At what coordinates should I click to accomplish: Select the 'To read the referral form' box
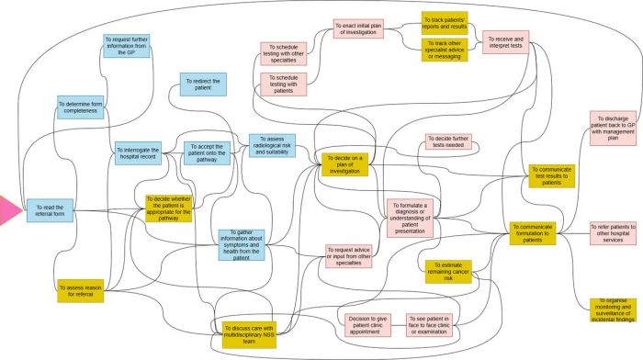(x=50, y=210)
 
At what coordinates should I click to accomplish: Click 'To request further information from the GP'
(x=127, y=46)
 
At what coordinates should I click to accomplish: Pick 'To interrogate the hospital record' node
(x=138, y=152)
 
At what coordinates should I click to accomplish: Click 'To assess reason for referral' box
(x=80, y=291)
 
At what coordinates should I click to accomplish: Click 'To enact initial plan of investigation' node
(x=355, y=28)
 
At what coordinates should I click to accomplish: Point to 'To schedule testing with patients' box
(x=285, y=84)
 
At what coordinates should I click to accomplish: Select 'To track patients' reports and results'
(x=445, y=22)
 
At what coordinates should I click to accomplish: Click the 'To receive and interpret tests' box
(x=509, y=42)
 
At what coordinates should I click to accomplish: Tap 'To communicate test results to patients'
(x=553, y=174)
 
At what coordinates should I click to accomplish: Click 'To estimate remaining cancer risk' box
(x=448, y=271)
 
